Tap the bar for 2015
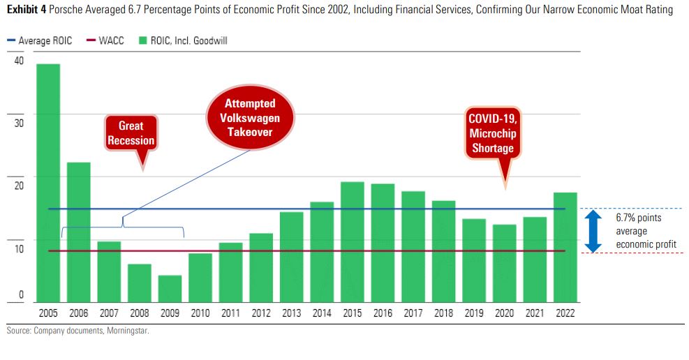[352, 241]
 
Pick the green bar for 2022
[565, 247]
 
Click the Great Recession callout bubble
[131, 133]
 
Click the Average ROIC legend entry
[43, 41]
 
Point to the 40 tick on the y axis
[19, 61]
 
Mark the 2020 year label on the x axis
[504, 313]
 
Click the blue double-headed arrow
[593, 231]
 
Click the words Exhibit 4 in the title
[27, 10]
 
